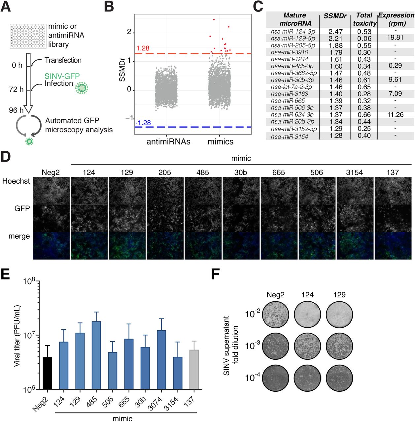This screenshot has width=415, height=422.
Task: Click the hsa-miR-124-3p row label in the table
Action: pyautogui.click(x=293, y=31)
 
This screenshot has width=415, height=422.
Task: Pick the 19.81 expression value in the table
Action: pyautogui.click(x=395, y=38)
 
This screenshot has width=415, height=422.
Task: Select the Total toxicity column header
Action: pyautogui.click(x=364, y=19)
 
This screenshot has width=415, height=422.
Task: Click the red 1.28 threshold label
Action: pyautogui.click(x=143, y=48)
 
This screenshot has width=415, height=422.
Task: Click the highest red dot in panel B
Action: pyautogui.click(x=214, y=19)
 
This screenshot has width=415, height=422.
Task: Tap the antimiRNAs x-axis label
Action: pyautogui.click(x=168, y=142)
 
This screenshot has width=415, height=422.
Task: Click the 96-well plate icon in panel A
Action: pyautogui.click(x=28, y=36)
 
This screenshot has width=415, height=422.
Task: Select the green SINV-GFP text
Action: pyautogui.click(x=62, y=76)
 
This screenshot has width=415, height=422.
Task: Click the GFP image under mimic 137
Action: pyautogui.click(x=393, y=218)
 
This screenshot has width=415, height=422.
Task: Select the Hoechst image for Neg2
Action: pyautogui.click(x=51, y=190)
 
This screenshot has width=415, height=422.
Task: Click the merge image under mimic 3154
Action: pyautogui.click(x=355, y=246)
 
